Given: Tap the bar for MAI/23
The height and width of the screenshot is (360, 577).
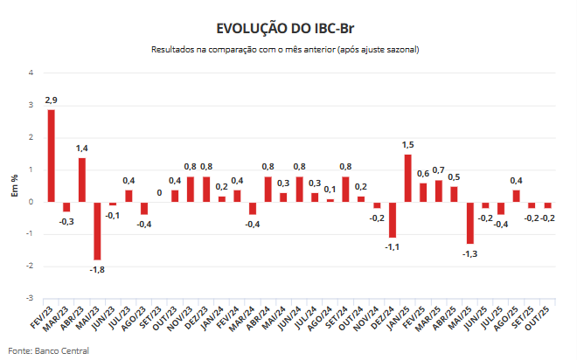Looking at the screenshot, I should pos(97,231).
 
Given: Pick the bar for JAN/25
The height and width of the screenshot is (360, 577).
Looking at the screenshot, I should pos(407,178).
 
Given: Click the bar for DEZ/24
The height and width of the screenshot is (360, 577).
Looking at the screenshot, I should pos(393,219).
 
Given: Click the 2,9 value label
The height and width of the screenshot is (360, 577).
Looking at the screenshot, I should pos(51,101).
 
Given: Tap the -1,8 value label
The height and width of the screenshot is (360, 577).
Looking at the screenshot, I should pos(96,269).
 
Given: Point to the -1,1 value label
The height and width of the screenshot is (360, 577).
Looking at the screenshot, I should pos(392,247).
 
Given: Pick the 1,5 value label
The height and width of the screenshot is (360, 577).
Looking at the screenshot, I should pos(408,145).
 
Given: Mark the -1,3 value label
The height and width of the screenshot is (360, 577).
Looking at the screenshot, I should pos(469,253).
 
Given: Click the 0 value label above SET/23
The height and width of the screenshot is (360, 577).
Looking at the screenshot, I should pos(159,192).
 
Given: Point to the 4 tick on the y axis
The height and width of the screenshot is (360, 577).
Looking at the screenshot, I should pos(31,73).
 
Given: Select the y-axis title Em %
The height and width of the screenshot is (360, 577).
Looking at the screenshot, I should pos(15,185).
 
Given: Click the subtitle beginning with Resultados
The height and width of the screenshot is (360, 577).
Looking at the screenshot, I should pos(285,50).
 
